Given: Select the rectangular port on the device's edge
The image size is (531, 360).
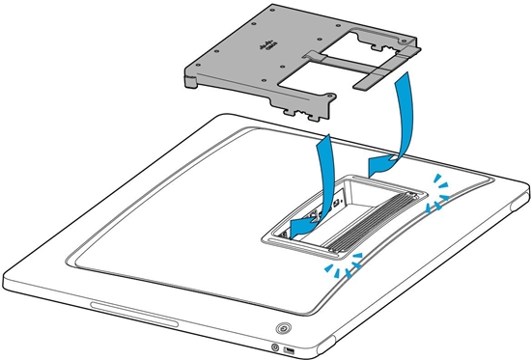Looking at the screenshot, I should pyautogui.click(x=291, y=347).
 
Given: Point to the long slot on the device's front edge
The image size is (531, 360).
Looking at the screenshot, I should pyautogui.click(x=135, y=315).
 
